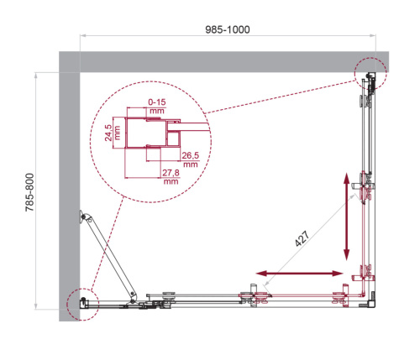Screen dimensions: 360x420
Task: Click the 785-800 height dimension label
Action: click(x=29, y=196)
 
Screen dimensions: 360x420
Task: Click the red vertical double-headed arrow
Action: click(x=346, y=217)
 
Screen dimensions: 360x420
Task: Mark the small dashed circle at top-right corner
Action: click(x=370, y=74)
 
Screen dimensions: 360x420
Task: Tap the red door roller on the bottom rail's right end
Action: click(x=339, y=298)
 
